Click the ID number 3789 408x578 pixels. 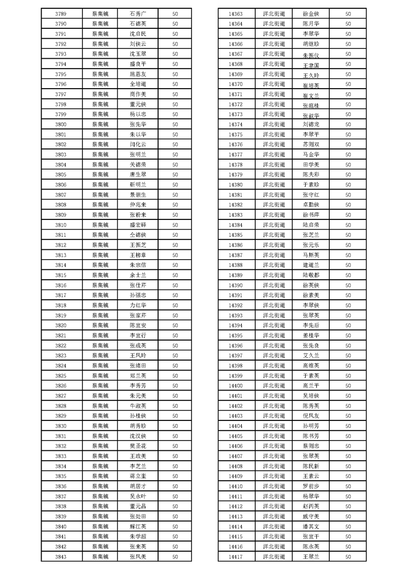coord(60,14)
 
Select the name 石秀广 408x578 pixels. coord(138,14)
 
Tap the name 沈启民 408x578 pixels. coord(138,34)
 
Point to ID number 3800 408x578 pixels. coord(60,124)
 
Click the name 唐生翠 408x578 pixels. coord(138,175)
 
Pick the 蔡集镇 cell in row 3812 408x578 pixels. coord(100,245)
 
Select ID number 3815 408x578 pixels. coord(60,275)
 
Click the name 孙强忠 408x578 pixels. coord(138,295)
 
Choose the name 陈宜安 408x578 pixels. coord(138,325)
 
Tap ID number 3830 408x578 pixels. coord(60,426)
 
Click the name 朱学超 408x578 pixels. coord(138,536)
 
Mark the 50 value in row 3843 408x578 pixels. coord(175,556)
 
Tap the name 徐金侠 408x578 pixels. coord(311,14)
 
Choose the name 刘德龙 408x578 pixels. coord(311,124)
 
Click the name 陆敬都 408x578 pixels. coord(311,275)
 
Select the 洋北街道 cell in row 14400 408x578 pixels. coord(274,385)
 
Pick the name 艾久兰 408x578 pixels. coord(311,355)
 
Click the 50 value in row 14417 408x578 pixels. coord(348,556)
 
